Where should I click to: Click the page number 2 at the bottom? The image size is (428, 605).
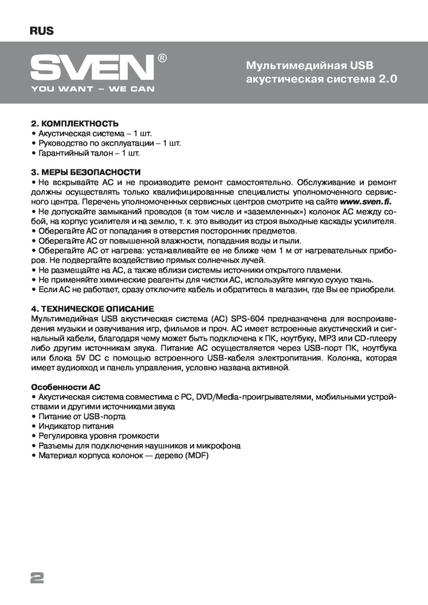tap(37, 577)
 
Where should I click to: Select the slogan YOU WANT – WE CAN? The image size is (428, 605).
tap(93, 88)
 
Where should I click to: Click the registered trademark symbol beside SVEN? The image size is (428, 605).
tap(162, 58)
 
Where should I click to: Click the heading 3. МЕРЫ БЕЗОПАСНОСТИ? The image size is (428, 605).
tap(85, 172)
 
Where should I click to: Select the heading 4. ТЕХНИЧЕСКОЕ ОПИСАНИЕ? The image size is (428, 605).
tap(91, 309)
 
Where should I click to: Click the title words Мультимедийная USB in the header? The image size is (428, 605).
tap(311, 65)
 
